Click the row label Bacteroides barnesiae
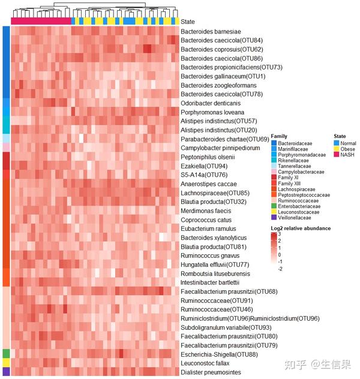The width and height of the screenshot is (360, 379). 211,31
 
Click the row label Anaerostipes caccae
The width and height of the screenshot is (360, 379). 209,184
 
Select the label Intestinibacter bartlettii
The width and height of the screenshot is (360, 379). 210,282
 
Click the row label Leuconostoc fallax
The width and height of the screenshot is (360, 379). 205,363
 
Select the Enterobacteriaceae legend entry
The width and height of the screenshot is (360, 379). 298,206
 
